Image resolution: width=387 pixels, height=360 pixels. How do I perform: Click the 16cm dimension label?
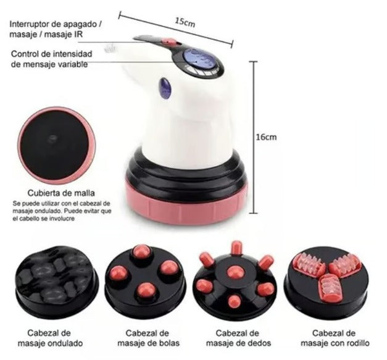pyautogui.click(x=266, y=137)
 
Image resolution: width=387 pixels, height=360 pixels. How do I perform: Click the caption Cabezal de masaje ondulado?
pyautogui.click(x=52, y=337)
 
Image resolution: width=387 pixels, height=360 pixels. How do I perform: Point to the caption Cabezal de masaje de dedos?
pyautogui.click(x=234, y=337)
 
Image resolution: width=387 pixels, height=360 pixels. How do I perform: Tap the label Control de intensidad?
pyautogui.click(x=57, y=54)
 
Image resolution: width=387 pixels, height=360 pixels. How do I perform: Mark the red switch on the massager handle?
pyautogui.click(x=168, y=42)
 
